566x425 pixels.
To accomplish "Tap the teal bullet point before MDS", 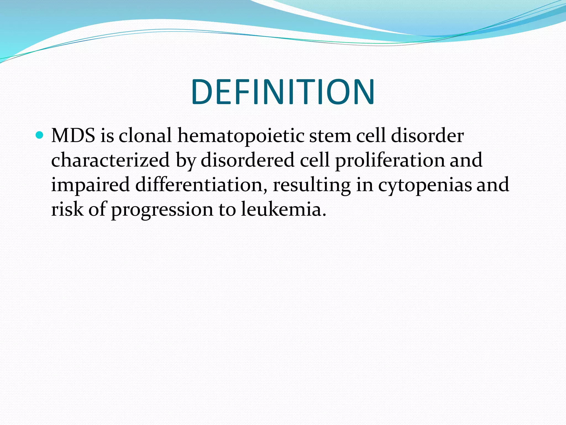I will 40,135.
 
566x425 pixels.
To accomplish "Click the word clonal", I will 145,136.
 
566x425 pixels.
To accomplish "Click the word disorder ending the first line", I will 427,136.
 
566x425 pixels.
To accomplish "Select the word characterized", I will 110,160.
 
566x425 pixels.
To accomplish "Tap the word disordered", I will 248,160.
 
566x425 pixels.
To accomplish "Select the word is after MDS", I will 107,136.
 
